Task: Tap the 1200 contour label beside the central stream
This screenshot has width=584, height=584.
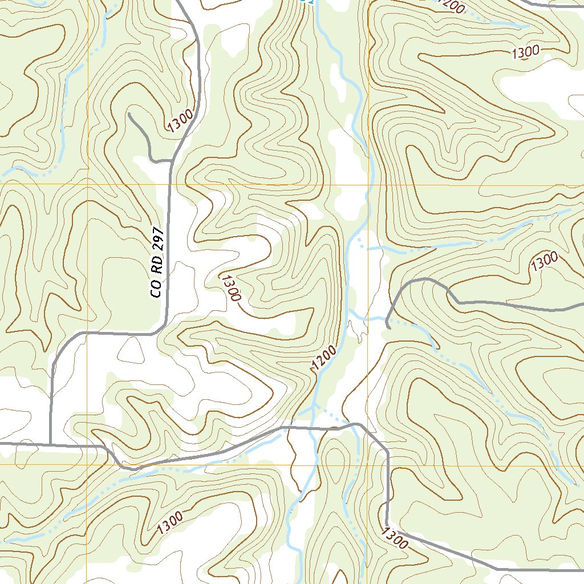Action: coord(324,358)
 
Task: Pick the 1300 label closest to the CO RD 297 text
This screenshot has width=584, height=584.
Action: coord(231,287)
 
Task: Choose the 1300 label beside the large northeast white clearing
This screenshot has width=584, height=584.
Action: coord(525,52)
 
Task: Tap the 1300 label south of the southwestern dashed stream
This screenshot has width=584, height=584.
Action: coord(168,521)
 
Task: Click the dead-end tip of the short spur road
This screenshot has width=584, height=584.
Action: coord(130,115)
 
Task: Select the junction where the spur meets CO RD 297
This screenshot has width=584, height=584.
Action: coord(172,160)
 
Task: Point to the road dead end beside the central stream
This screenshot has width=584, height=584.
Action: coord(388,327)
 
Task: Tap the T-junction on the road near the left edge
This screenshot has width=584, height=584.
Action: coord(50,443)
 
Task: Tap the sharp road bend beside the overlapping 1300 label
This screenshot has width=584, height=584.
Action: coord(387,522)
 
